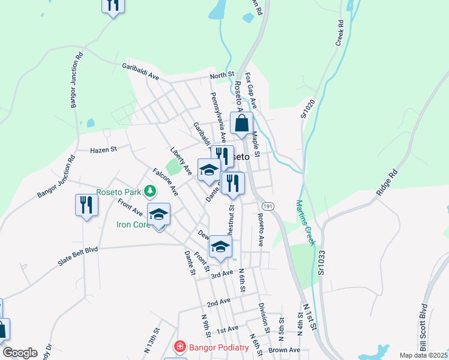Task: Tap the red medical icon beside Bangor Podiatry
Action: click(179, 347)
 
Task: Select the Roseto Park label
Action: click(118, 192)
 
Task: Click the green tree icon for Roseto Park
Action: click(149, 192)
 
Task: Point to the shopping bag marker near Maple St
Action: click(241, 124)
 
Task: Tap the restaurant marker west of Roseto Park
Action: click(86, 205)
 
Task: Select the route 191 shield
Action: click(268, 206)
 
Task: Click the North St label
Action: click(221, 76)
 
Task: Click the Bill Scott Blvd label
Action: click(423, 330)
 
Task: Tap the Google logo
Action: click(20, 353)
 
